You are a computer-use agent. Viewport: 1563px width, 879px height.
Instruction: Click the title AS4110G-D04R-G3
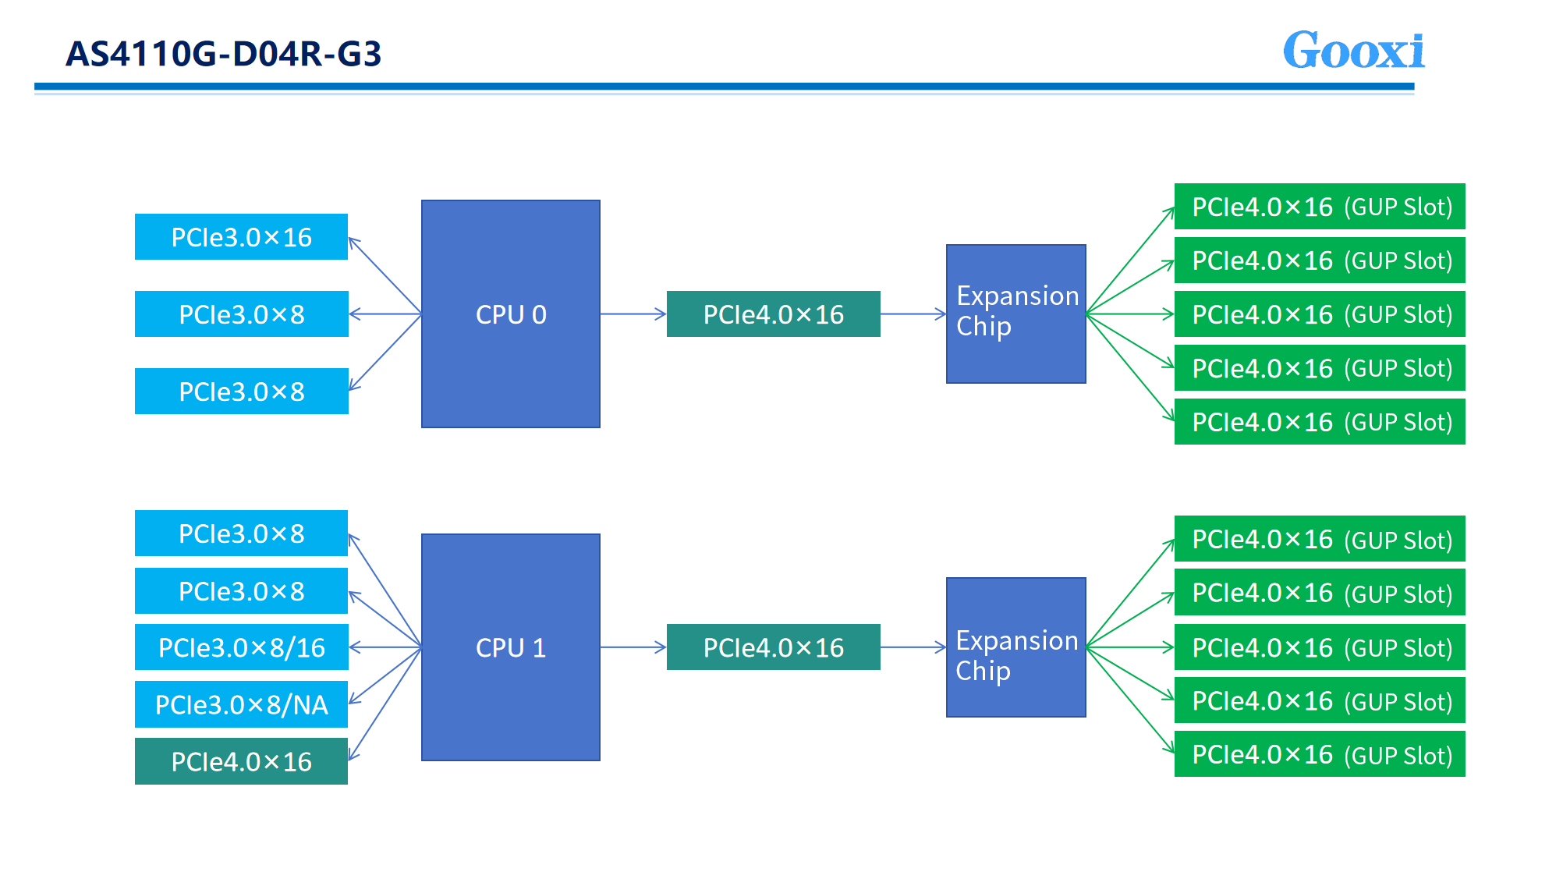(x=224, y=54)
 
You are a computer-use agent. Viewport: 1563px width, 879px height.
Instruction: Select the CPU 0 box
(x=511, y=314)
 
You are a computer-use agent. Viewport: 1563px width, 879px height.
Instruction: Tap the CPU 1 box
(x=511, y=647)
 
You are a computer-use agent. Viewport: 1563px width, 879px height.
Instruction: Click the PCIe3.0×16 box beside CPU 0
(x=241, y=236)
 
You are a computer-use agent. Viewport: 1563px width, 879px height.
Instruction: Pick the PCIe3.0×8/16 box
(x=241, y=647)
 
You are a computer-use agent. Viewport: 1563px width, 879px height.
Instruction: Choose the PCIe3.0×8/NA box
(x=241, y=704)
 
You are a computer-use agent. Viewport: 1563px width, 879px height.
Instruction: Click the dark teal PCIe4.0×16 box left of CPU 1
(x=241, y=761)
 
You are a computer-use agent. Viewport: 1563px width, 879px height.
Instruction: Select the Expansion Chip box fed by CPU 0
(x=1015, y=314)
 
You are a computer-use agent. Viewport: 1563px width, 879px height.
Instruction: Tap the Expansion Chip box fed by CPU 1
(x=1015, y=647)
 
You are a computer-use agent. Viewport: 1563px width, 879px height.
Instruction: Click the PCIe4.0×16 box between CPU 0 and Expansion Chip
(x=773, y=314)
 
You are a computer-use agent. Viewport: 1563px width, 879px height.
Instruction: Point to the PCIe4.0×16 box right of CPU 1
(x=773, y=647)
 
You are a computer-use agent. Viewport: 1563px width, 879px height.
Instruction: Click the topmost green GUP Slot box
(x=1320, y=207)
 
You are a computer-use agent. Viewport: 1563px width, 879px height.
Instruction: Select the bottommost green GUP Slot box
(x=1320, y=754)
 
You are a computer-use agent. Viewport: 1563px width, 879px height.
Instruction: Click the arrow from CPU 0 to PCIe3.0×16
(x=385, y=275)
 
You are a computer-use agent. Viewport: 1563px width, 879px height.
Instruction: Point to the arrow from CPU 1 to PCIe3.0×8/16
(x=385, y=647)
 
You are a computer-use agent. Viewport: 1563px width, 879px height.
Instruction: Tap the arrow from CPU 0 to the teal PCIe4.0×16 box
(x=633, y=314)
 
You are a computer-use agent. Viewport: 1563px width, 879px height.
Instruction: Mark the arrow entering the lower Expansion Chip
(x=913, y=647)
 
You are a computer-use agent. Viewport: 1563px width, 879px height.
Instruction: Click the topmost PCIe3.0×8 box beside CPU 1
(x=241, y=533)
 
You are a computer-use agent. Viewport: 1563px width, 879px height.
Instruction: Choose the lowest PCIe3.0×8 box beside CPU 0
(x=241, y=391)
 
